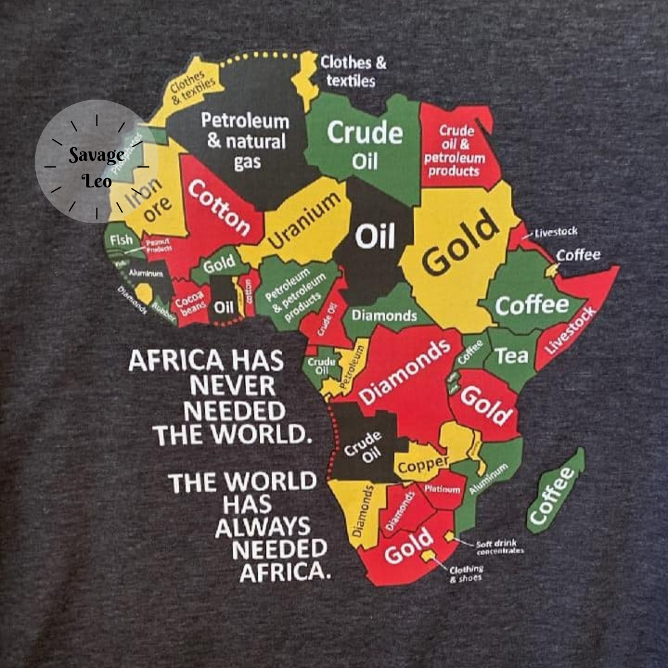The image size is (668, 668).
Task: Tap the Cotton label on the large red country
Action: pos(218,207)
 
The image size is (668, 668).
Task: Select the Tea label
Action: pos(513,355)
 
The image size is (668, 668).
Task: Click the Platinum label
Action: pos(443,489)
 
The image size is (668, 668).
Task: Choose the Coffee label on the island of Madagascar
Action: pos(552,495)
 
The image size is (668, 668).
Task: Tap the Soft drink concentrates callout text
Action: pos(499,547)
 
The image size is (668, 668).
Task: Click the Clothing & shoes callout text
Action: pos(466,573)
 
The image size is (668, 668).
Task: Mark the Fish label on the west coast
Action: pos(121,239)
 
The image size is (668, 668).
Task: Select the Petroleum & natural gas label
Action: pos(245,141)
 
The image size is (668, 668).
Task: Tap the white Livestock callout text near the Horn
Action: pos(556,232)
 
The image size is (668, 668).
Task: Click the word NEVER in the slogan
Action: pos(233,387)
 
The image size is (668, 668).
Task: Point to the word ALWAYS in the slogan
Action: pos(263,526)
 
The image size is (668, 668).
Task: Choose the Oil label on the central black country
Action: pos(376,236)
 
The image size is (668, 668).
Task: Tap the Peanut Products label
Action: pos(158,244)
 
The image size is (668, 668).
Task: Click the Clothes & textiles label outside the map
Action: pos(353,71)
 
